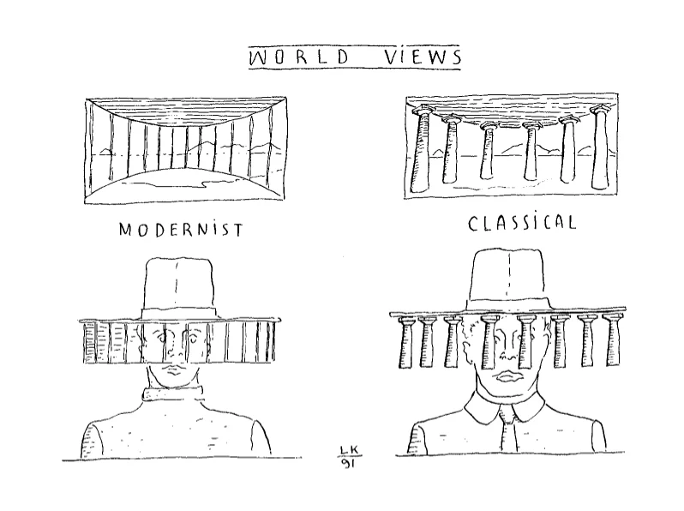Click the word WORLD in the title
coord(297,57)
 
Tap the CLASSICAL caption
coord(521,224)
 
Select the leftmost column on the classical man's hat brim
coord(406,343)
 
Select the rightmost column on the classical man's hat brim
coord(611,341)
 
